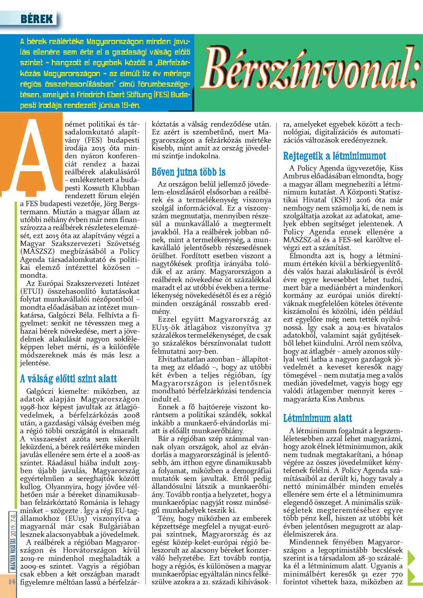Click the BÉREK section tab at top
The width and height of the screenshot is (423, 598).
tap(37, 19)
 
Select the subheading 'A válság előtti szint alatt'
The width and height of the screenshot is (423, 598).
tap(69, 379)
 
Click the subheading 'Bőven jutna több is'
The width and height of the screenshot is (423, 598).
tap(188, 172)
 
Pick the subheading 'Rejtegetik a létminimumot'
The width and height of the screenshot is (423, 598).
tap(334, 156)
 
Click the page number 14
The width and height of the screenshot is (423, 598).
tap(12, 581)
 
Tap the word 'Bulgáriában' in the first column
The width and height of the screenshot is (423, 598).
tap(119, 526)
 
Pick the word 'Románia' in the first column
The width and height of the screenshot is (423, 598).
tap(96, 503)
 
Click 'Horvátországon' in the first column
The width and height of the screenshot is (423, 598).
tap(89, 550)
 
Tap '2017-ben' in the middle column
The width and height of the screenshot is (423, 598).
tap(204, 351)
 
